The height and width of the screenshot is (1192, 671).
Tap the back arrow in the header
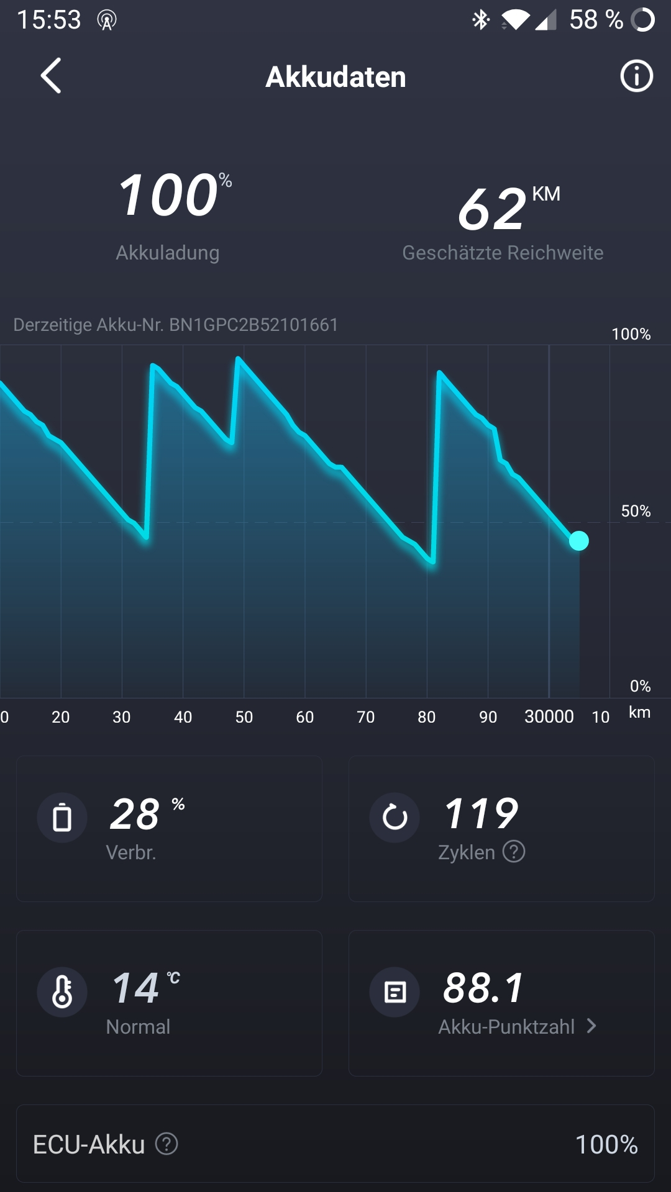[51, 76]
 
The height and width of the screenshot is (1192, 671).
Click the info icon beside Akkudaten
[636, 76]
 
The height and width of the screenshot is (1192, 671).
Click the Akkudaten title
[335, 77]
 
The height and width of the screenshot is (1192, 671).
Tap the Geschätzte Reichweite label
[503, 253]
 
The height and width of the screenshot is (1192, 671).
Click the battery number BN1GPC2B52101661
[253, 325]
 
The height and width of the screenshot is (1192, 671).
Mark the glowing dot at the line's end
[578, 541]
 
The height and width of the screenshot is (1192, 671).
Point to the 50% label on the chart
[636, 511]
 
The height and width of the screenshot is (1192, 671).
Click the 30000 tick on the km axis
[549, 717]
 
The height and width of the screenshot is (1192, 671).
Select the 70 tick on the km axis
[366, 717]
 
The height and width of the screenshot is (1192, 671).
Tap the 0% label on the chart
[640, 686]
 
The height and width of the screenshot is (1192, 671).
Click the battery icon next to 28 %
[62, 817]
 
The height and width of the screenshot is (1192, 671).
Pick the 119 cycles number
[481, 813]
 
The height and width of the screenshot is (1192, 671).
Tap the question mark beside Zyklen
[514, 852]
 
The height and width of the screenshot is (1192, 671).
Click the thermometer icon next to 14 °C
[62, 991]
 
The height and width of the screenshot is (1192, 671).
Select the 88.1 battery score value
[483, 988]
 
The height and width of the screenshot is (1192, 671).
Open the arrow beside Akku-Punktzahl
[591, 1026]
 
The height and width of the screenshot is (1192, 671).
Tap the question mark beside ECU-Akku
[167, 1144]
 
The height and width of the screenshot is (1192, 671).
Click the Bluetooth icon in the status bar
[480, 20]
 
